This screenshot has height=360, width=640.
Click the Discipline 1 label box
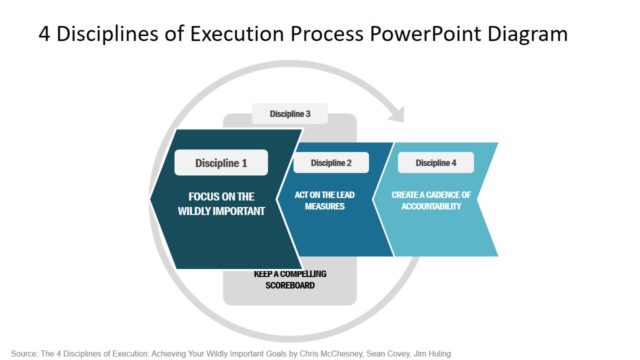pos(217,162)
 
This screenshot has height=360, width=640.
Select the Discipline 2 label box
pos(331,162)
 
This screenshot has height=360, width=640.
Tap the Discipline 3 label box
pos(290,115)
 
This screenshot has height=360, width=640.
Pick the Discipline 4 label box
pos(436,162)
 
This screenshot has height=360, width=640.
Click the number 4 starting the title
pos(45,35)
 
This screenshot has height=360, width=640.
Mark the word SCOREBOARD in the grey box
pos(290,286)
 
